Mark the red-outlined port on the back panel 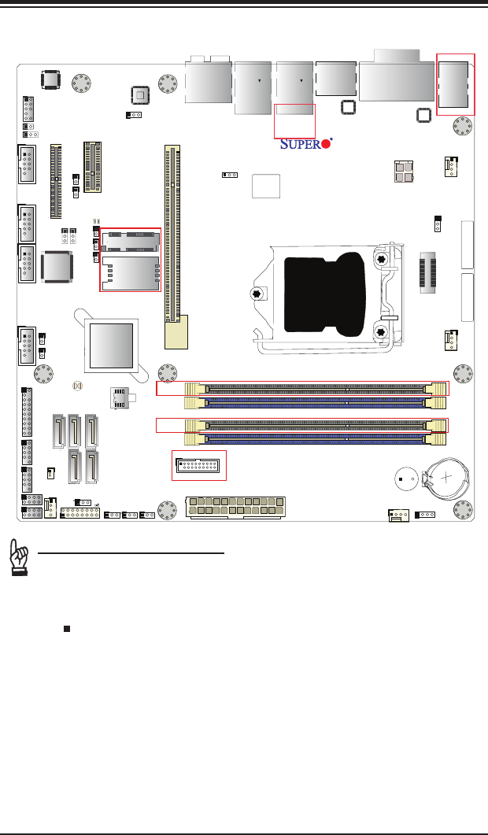coord(457,84)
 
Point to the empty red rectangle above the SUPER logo coord(294,120)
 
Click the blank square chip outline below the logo coord(265,186)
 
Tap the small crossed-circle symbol coord(77,386)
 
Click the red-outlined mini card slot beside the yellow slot coord(130,260)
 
